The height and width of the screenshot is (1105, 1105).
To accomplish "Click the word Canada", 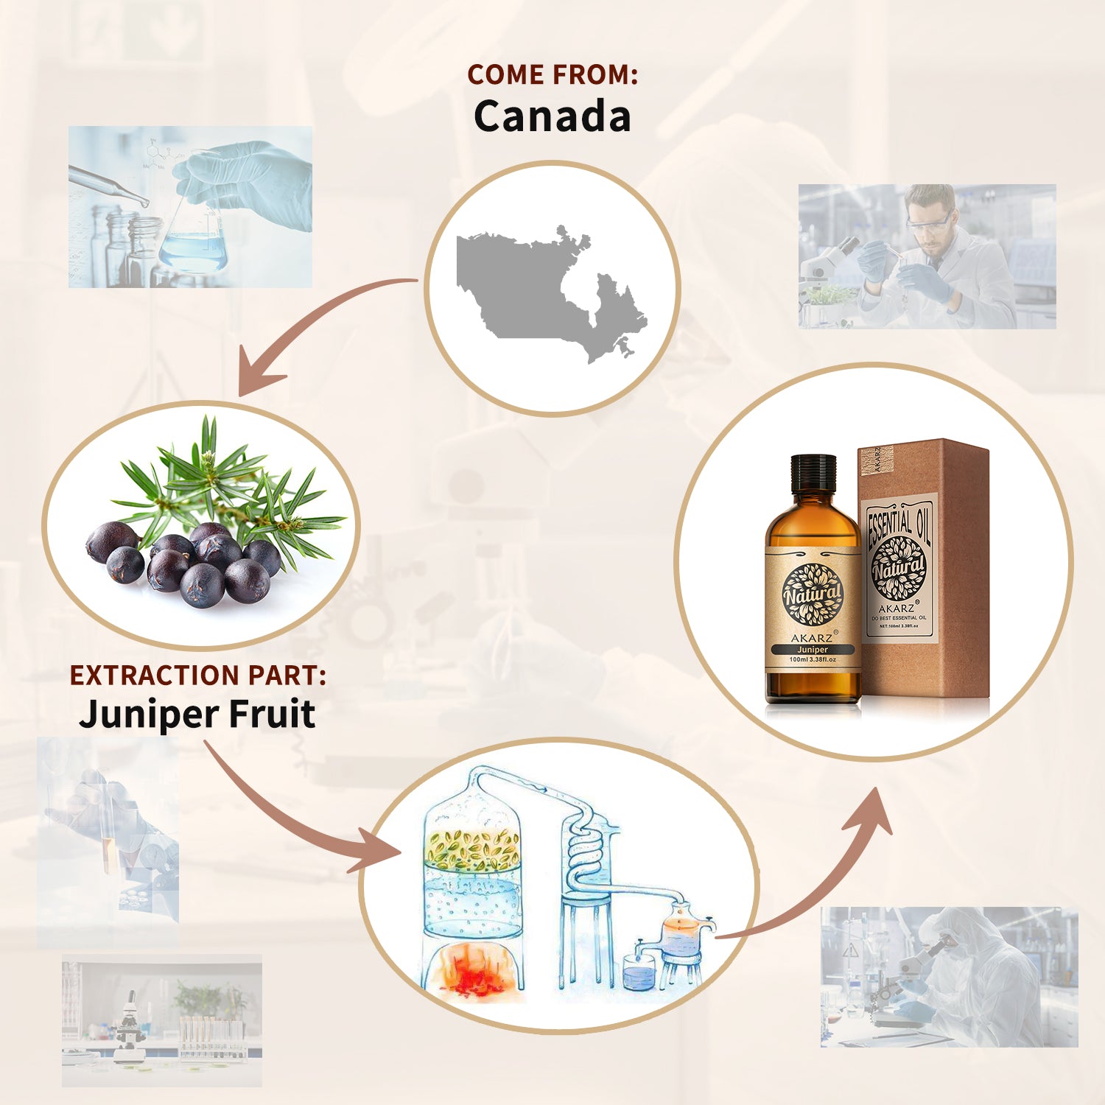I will pos(552,116).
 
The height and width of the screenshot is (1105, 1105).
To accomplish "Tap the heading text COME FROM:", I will pos(552,74).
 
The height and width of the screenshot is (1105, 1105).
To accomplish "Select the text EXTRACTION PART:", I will pos(197,675).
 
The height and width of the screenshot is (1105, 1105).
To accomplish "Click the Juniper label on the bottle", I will pos(813,650).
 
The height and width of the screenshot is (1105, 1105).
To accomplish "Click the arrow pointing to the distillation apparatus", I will pos(295,818).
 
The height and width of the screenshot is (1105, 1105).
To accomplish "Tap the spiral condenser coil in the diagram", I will pos(586,847).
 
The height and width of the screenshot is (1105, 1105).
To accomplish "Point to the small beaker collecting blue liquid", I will pos(638,974).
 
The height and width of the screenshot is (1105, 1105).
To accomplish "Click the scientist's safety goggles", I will pos(927,223).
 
